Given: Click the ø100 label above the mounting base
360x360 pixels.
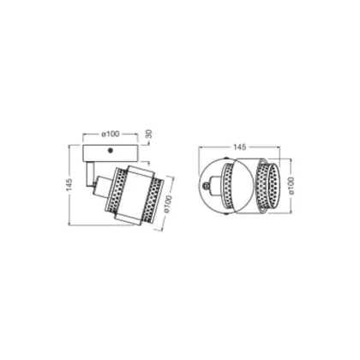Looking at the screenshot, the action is (x=111, y=134).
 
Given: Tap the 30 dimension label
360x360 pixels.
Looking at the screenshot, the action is (x=149, y=134).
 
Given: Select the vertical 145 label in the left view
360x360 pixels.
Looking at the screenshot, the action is (x=69, y=184).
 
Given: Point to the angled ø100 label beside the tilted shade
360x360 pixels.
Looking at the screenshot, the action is (x=168, y=204).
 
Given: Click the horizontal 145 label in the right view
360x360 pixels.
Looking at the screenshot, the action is (x=239, y=147).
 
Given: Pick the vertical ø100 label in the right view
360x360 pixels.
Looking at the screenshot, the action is (x=291, y=186).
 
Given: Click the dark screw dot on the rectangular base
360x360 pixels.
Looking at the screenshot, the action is (x=110, y=150).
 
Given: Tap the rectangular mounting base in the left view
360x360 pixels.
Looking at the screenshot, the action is (x=111, y=153).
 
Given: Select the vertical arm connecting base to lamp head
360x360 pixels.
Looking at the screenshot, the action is (x=90, y=173).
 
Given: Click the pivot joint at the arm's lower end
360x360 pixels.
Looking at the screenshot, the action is (x=93, y=184).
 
